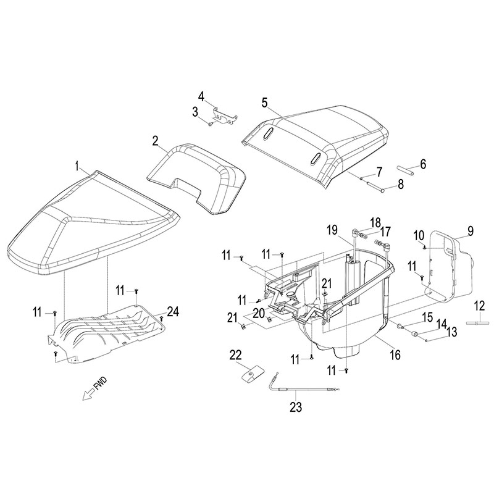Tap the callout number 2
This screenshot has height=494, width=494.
pyautogui.click(x=156, y=141)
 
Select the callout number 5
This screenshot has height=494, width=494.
pyautogui.click(x=264, y=101)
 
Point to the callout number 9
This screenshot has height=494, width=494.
pyautogui.click(x=471, y=232)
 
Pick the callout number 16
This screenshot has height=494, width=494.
pyautogui.click(x=395, y=355)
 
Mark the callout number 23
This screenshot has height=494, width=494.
pyautogui.click(x=297, y=407)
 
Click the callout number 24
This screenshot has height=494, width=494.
pyautogui.click(x=174, y=312)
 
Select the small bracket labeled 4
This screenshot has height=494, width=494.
pyautogui.click(x=224, y=115)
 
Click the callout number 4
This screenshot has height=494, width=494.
pyautogui.click(x=201, y=96)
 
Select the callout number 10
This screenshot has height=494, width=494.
pyautogui.click(x=419, y=236)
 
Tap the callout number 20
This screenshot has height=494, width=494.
pyautogui.click(x=259, y=314)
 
